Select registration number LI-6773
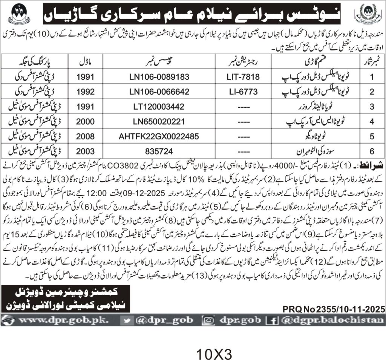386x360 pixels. tap(244, 92)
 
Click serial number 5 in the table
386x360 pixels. tap(371, 136)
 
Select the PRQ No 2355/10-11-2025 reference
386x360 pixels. tap(334, 310)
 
